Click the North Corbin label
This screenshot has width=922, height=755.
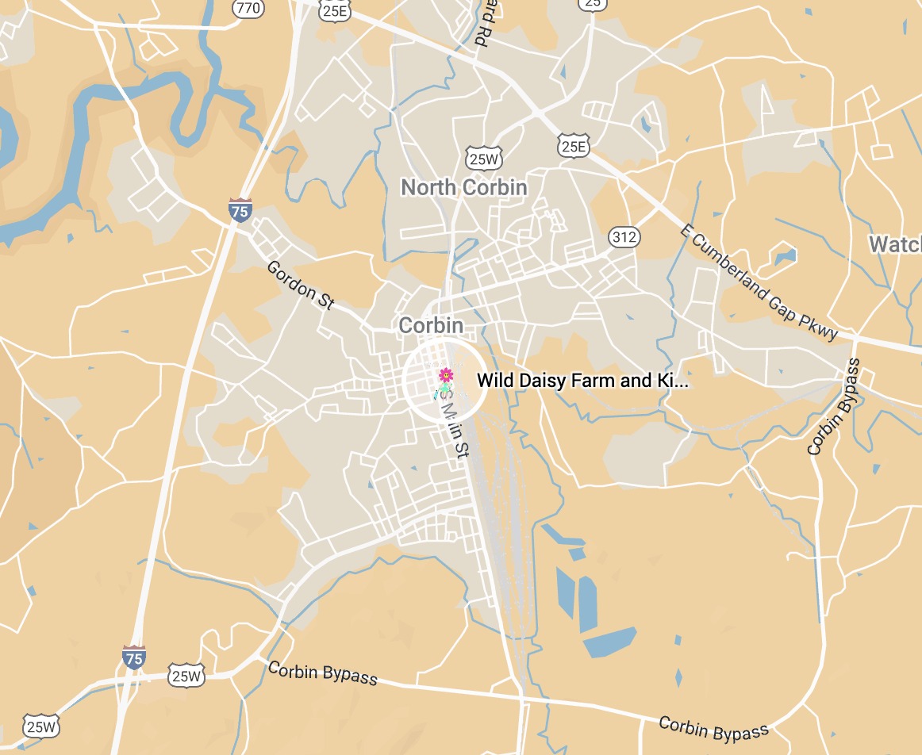coord(463,187)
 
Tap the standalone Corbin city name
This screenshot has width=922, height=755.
coord(431,325)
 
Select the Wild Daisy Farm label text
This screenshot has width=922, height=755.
coord(582,381)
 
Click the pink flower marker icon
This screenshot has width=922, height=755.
coord(446,374)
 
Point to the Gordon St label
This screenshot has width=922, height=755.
coord(301,284)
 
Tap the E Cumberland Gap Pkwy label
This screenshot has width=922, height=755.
coord(759,281)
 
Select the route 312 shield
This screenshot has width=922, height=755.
coord(624,236)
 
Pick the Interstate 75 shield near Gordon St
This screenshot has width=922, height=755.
coord(240,210)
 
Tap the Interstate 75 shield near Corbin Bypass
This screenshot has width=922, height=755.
coord(134,657)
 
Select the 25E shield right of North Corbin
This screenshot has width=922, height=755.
coord(573,146)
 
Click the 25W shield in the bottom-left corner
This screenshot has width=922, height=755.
coord(40,726)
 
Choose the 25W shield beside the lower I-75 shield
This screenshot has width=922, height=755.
coord(186,676)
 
